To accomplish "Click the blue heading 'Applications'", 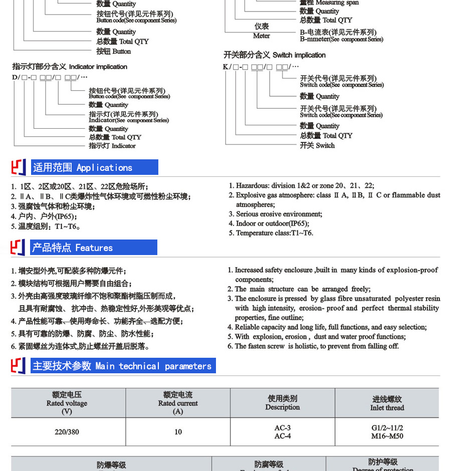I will (95, 167).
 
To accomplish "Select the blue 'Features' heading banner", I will (94, 248).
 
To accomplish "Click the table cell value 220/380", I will (67, 432).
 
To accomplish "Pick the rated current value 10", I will (178, 432).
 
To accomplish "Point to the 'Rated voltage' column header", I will (67, 403).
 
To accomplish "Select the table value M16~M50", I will (387, 436).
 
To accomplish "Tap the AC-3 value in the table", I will (283, 428).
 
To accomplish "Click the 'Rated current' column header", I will (178, 403).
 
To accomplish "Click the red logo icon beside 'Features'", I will (18, 248).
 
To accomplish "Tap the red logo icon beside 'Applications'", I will (18, 167).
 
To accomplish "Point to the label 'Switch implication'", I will (275, 55).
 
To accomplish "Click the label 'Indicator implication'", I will (70, 67).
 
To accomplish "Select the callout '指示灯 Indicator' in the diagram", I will (112, 146).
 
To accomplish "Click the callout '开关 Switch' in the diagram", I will (317, 145).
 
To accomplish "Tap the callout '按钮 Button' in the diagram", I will (114, 51).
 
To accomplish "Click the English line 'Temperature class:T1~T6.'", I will (274, 233).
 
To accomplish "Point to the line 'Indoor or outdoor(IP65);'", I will (272, 223).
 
